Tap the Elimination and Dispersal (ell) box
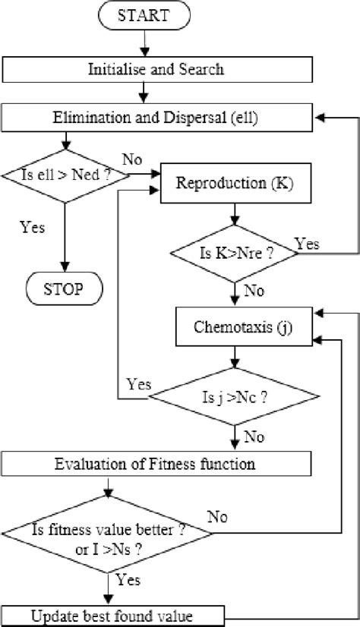pos(156,118)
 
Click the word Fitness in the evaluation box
pos(159,462)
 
